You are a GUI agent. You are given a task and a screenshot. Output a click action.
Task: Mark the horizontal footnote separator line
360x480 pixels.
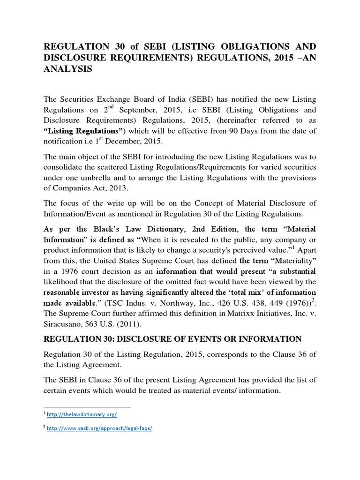[x=87, y=408]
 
